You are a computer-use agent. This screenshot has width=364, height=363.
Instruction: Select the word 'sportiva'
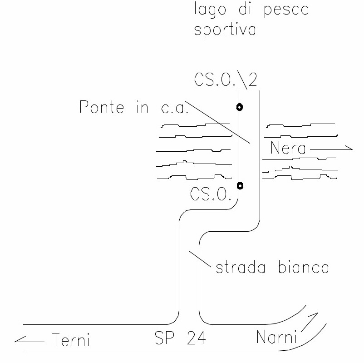(x=225, y=30)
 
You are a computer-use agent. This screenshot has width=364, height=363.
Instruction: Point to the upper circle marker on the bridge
(x=239, y=107)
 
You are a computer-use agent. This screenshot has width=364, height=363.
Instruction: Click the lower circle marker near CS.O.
(x=240, y=185)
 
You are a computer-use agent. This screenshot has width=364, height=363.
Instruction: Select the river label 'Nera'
(x=288, y=148)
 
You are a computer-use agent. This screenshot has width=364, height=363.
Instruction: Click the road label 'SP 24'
(x=180, y=338)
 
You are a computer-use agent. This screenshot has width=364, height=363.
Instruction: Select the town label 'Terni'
(x=70, y=339)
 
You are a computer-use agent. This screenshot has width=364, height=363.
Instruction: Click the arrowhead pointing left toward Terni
(x=18, y=339)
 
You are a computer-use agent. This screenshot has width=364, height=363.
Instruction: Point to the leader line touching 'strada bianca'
(x=201, y=258)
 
